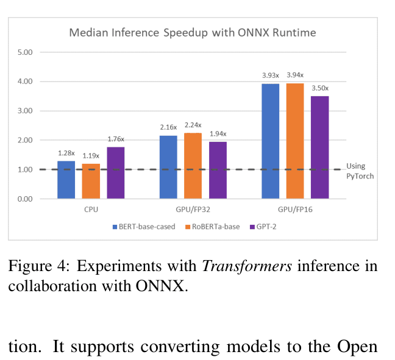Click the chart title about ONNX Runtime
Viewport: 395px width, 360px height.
tap(193, 32)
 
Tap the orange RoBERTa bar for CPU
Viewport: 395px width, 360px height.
tap(91, 181)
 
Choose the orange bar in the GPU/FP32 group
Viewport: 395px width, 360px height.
tap(193, 166)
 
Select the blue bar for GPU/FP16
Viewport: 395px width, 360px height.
tap(271, 141)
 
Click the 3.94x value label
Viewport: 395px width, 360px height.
tap(295, 76)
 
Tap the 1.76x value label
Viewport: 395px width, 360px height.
tap(116, 139)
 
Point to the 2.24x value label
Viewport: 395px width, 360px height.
tap(193, 125)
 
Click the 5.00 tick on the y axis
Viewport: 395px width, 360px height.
tap(25, 52)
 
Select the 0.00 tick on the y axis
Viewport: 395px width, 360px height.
tap(25, 199)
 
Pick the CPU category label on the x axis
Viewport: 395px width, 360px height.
tap(91, 209)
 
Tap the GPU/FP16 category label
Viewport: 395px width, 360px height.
tap(295, 209)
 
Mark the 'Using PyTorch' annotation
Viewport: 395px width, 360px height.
tap(360, 171)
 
